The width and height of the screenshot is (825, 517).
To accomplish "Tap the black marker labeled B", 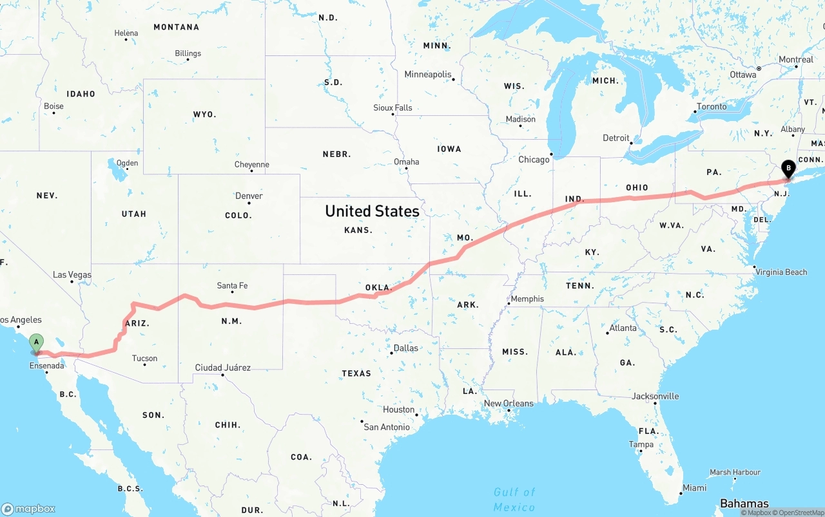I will [x=788, y=169].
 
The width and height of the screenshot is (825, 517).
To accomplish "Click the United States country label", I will [x=372, y=211].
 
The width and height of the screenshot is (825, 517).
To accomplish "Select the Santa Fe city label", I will [x=232, y=286].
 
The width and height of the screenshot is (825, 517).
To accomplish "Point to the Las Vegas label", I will [x=72, y=275].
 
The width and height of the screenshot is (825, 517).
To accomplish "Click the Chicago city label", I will [x=534, y=160].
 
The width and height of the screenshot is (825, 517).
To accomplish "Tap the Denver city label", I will [x=249, y=196].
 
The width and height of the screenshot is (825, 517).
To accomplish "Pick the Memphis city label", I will [x=527, y=299].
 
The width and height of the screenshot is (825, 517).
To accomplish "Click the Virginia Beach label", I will [x=781, y=272].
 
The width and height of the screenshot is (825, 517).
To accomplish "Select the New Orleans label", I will [x=509, y=404].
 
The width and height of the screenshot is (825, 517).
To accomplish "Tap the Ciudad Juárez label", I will [x=222, y=368].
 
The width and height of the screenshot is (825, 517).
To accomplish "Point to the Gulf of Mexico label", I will [x=514, y=499].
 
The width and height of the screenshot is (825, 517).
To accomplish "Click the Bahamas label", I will [x=744, y=503].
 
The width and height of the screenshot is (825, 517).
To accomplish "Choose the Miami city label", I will [x=694, y=488].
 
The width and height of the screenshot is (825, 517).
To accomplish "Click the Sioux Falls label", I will [x=393, y=108].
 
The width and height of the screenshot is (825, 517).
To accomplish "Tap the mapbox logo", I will [x=28, y=509].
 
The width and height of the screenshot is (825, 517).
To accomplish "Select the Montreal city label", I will [x=796, y=60].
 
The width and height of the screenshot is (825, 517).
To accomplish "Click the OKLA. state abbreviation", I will [x=378, y=287].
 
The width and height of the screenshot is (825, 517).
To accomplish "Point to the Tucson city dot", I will [x=144, y=365].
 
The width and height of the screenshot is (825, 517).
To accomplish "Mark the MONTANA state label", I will [x=176, y=27].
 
